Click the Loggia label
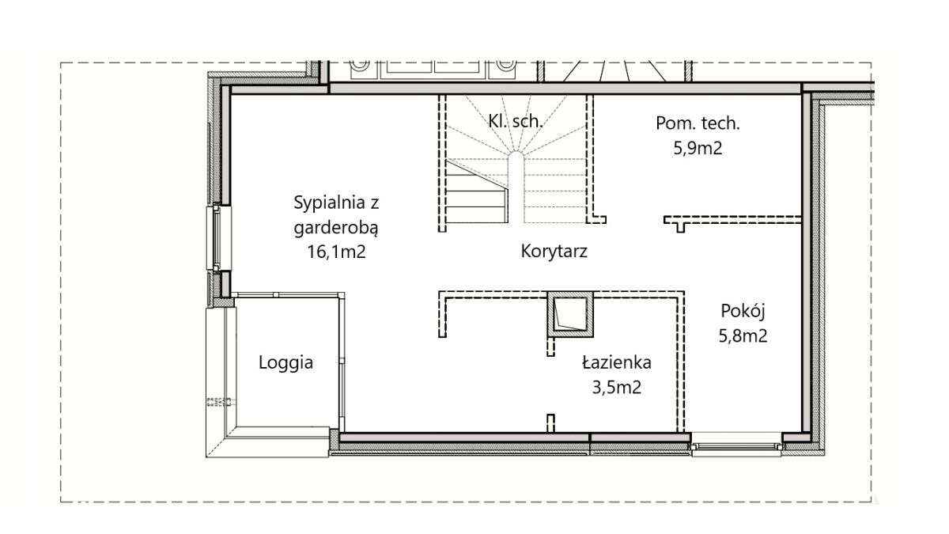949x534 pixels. coord(286,363)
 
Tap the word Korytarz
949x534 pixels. coord(554,252)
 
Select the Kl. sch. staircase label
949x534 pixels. coord(514,121)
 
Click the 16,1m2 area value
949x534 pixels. coord(337,252)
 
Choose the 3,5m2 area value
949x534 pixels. coord(615,388)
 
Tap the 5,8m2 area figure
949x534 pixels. coord(743,335)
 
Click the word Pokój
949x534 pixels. coord(743,311)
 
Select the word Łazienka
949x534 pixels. coord(617,363)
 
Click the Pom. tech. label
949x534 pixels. coord(698,123)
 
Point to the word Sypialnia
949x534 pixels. coord(336,203)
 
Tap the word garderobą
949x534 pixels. coord(336,228)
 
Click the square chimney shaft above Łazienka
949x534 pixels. coord(569,314)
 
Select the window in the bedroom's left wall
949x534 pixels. coord(216,237)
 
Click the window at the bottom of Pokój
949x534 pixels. coord(737,445)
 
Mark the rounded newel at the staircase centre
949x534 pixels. coord(515,186)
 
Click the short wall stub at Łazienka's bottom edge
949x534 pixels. coord(552,422)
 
